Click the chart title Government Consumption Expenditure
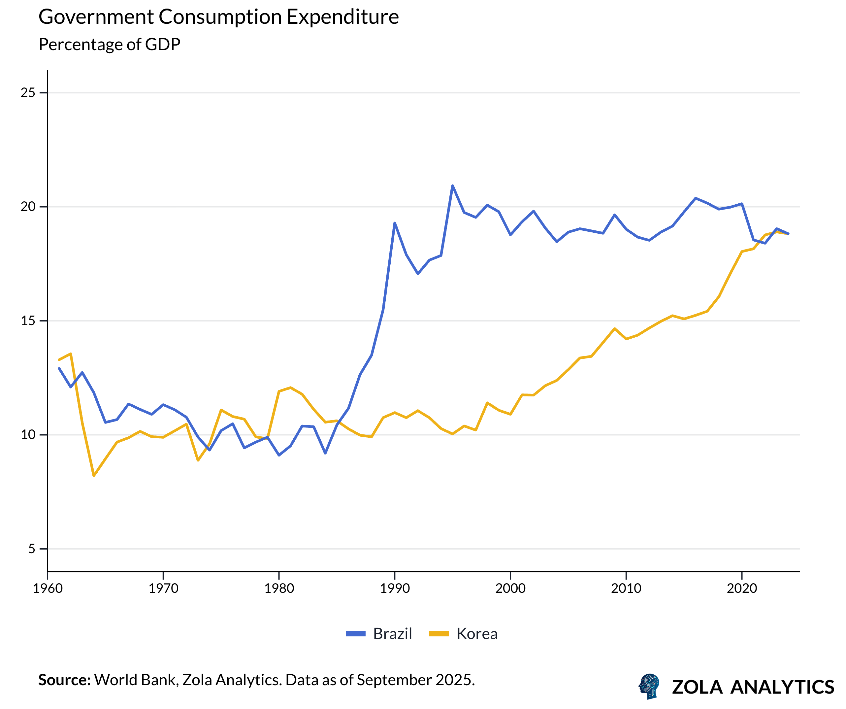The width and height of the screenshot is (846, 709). [218, 17]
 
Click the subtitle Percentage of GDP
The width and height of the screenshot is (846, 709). [109, 44]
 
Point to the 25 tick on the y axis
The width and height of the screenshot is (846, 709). [28, 93]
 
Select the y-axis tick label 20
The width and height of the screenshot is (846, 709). [28, 207]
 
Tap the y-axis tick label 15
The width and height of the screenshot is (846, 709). [28, 321]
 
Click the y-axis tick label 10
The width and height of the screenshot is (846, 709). [28, 435]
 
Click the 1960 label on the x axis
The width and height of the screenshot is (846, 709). [48, 589]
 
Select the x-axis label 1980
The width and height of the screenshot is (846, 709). [279, 589]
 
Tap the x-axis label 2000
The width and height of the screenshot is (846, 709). [510, 589]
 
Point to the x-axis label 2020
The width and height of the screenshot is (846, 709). [742, 589]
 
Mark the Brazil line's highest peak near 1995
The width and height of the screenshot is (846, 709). [452, 186]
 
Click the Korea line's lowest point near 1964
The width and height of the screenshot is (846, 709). [94, 476]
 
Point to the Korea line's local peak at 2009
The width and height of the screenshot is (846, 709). [614, 328]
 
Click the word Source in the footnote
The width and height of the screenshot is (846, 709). [64, 680]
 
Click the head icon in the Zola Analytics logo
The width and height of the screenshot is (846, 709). [649, 686]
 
